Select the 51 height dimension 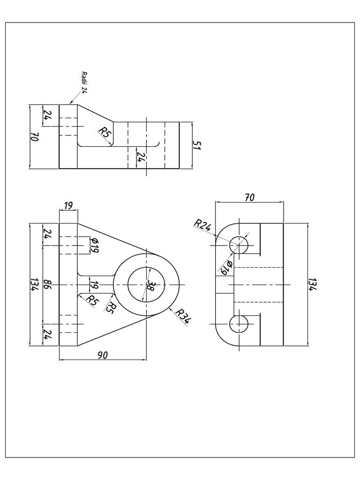(x=197, y=145)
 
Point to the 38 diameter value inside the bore (x=150, y=285)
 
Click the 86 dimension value (x=47, y=285)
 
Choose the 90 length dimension (x=102, y=355)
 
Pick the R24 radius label (x=202, y=226)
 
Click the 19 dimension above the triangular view (x=68, y=205)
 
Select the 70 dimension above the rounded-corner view (x=249, y=198)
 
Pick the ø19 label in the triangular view (x=94, y=245)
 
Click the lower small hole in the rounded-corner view (x=239, y=324)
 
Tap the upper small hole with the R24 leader (x=239, y=245)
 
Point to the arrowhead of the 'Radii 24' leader (x=70, y=103)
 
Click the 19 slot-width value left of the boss (x=94, y=285)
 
